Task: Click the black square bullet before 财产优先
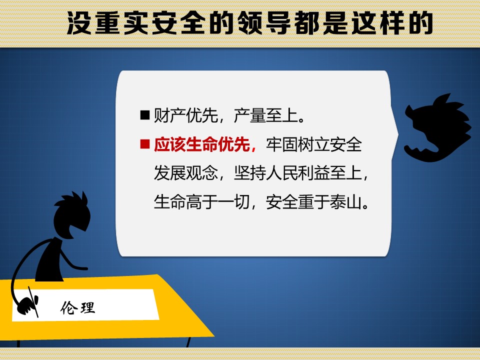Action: coord(145,115)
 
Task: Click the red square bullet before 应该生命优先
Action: coord(145,144)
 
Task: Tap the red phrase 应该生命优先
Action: coord(201,144)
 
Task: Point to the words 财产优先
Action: coord(186,115)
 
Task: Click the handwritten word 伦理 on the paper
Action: coord(78,307)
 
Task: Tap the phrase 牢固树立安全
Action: coord(314,144)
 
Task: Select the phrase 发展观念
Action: coord(186,173)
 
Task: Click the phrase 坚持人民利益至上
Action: coord(298,173)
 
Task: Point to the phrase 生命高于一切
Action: coord(201,202)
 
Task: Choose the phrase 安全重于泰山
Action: coord(314,202)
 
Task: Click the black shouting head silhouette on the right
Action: coord(438,128)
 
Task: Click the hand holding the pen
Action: coord(28,304)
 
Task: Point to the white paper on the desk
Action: coord(85,305)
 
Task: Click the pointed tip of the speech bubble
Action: coord(398,134)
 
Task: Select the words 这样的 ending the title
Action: coord(392,23)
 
